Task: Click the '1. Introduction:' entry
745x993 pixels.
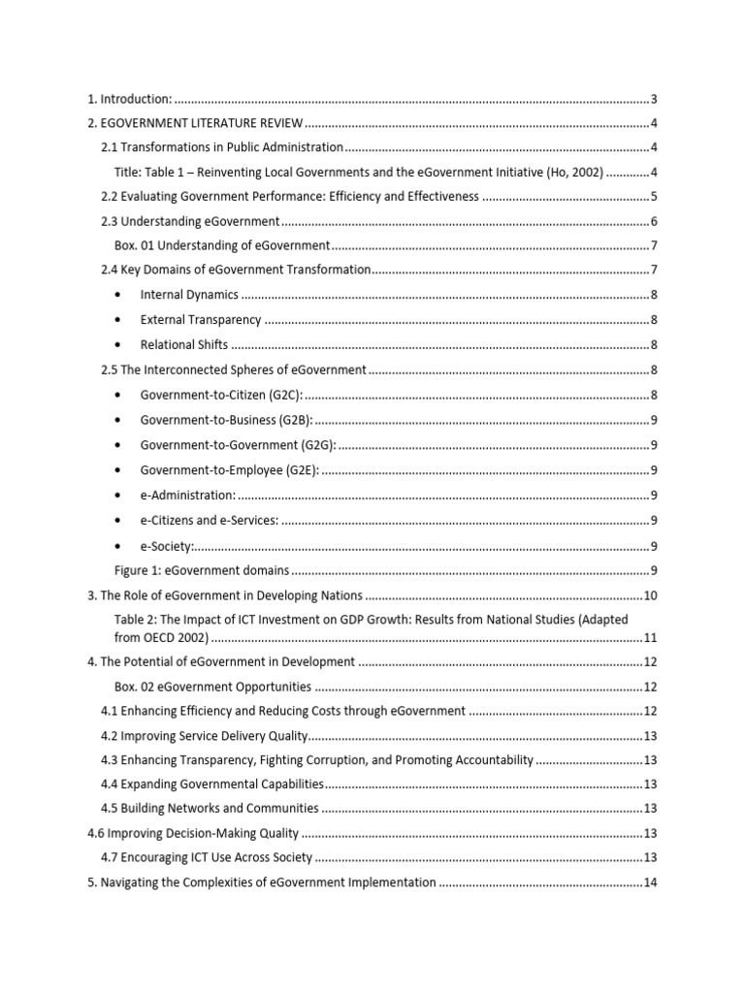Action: pos(130,99)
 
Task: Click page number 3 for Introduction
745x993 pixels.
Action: pos(656,99)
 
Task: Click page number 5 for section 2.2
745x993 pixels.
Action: pos(656,197)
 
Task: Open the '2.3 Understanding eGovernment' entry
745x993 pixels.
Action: pos(191,222)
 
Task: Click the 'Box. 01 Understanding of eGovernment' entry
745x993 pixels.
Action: pos(222,246)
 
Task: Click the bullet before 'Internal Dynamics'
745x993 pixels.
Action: pos(118,295)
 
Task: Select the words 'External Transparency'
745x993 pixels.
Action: pos(201,320)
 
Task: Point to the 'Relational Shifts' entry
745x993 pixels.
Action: pos(184,344)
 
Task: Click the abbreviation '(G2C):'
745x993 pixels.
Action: pos(283,395)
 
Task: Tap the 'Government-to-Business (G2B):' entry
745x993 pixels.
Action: pos(226,419)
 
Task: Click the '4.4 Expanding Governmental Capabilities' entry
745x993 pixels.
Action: pos(211,784)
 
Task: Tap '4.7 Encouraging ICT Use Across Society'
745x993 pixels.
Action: pos(207,857)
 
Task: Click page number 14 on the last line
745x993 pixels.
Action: pos(652,882)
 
